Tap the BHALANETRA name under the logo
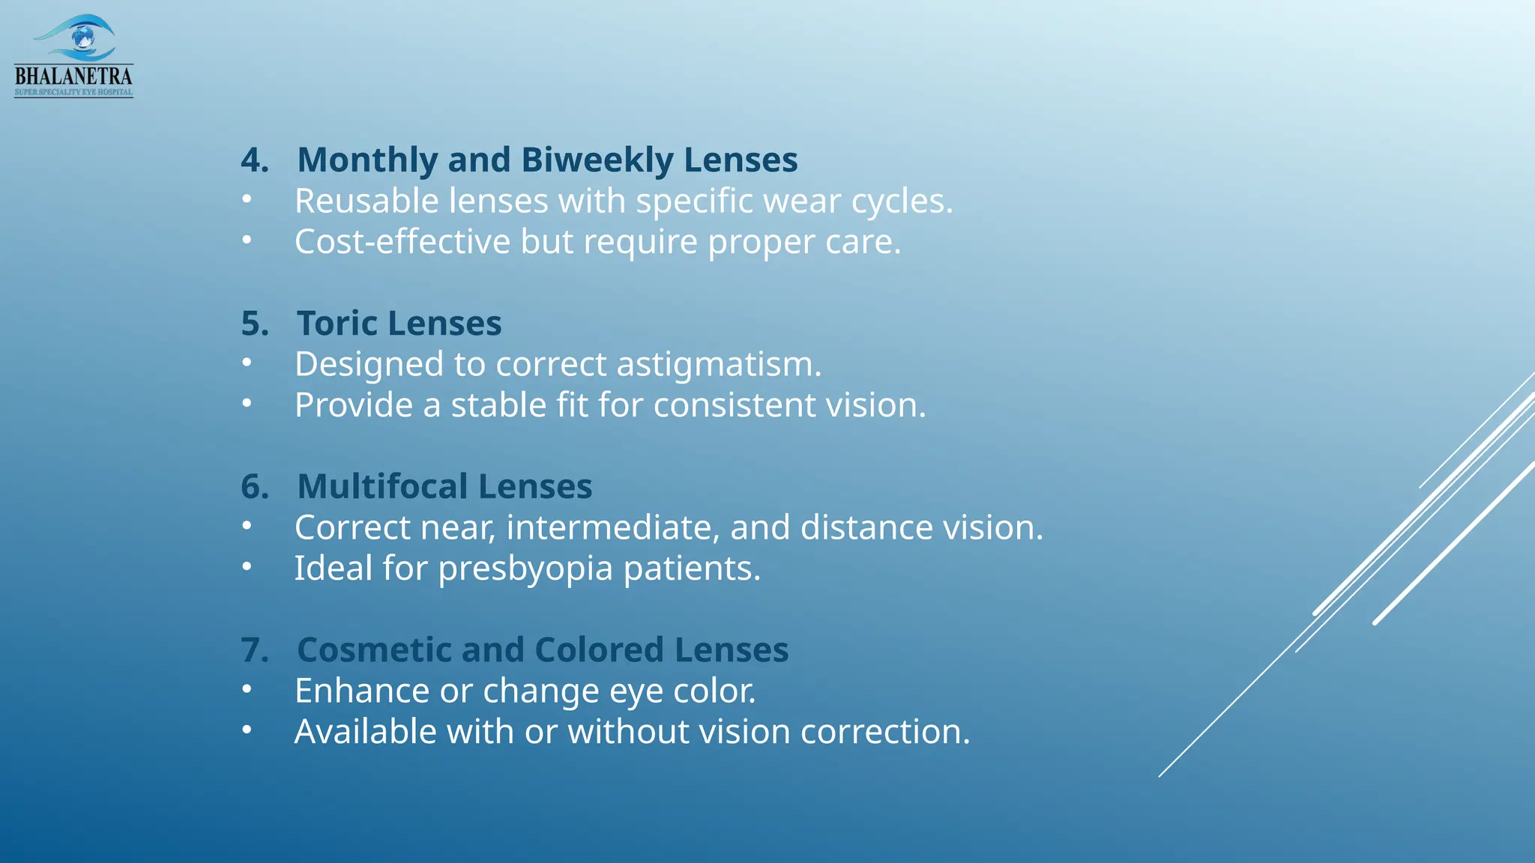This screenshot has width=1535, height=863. pyautogui.click(x=73, y=76)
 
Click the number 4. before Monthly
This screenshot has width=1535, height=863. pyautogui.click(x=255, y=160)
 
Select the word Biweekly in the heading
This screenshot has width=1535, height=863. pyautogui.click(x=597, y=160)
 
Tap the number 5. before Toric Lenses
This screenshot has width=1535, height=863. pyautogui.click(x=255, y=324)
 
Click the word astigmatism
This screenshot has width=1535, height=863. pyautogui.click(x=719, y=365)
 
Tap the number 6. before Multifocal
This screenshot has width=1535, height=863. pyautogui.click(x=255, y=487)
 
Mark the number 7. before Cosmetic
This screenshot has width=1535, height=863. pyautogui.click(x=255, y=650)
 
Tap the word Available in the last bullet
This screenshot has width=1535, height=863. pyautogui.click(x=365, y=732)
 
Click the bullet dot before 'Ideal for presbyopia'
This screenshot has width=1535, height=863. pyautogui.click(x=247, y=567)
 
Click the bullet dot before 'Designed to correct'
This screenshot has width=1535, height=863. pyautogui.click(x=247, y=363)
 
